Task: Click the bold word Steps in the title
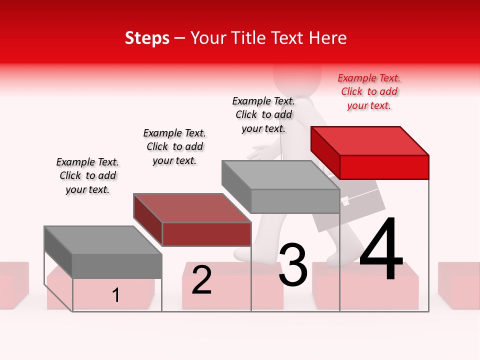(147, 38)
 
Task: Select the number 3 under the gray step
(293, 265)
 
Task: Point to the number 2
(201, 280)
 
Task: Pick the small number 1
(116, 295)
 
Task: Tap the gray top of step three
(280, 175)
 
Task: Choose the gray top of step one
(103, 240)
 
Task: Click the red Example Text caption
(369, 91)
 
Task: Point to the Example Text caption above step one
(87, 175)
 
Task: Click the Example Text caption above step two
(174, 146)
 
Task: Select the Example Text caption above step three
(263, 114)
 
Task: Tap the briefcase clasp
(345, 201)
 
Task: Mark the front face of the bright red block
(384, 167)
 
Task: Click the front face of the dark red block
(206, 234)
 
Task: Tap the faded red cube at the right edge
(458, 285)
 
